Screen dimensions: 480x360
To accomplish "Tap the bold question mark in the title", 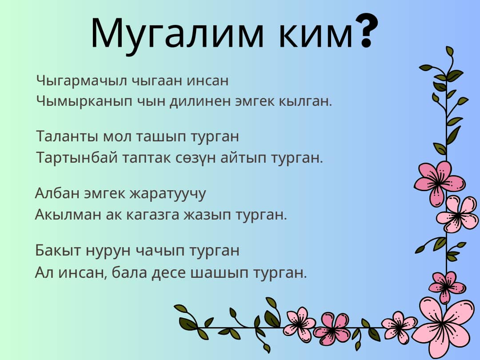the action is (x=367, y=31).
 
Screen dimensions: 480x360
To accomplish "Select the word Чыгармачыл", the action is (x=82, y=81).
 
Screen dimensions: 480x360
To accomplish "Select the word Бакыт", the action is (x=58, y=250).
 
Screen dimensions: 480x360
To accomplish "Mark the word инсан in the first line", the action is (x=208, y=81).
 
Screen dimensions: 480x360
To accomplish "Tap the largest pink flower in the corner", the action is (x=444, y=326).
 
